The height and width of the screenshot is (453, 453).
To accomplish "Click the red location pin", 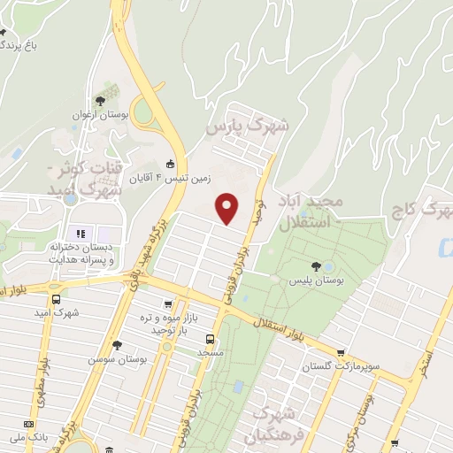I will [x=228, y=208].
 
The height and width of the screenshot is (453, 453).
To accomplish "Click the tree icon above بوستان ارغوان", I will [x=111, y=98].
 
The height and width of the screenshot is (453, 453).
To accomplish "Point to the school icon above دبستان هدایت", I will [x=81, y=234].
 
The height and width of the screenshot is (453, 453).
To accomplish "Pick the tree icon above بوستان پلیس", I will [x=316, y=266].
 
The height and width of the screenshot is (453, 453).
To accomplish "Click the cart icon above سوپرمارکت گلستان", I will [x=341, y=352].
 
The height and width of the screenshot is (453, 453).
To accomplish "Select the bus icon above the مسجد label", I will [x=210, y=338].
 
